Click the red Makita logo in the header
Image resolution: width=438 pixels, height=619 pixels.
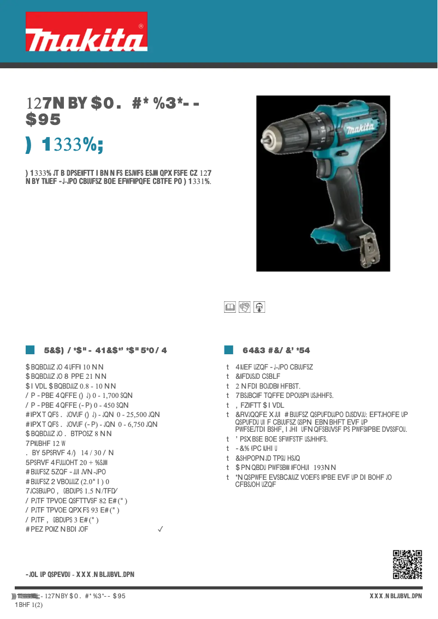tap(86, 32)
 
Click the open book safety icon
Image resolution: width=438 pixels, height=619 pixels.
tap(229, 307)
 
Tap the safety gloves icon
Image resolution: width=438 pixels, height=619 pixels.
tap(244, 307)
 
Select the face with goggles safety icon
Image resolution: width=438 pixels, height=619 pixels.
tap(259, 307)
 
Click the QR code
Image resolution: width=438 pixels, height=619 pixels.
tap(407, 564)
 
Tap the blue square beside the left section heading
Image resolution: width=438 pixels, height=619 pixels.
tap(30, 350)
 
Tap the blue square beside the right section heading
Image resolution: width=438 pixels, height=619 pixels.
tap(229, 350)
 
